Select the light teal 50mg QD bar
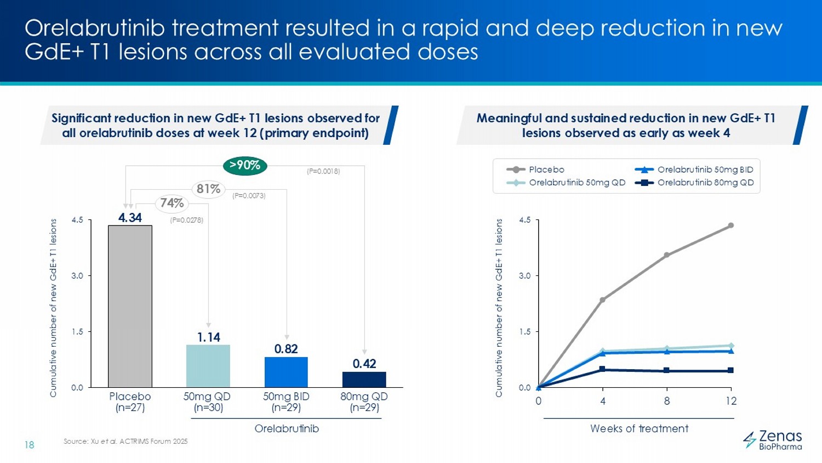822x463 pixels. [x=208, y=366]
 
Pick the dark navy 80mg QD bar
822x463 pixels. [x=364, y=379]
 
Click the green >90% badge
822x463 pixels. [x=245, y=165]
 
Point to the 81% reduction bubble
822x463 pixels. [x=208, y=189]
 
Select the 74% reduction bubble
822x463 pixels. [x=172, y=204]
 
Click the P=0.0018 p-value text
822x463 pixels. [x=323, y=171]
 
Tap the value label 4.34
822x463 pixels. [x=130, y=218]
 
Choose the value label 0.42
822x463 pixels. [x=364, y=364]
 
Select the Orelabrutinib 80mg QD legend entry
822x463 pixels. [x=705, y=183]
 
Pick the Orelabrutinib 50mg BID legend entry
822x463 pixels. [x=705, y=170]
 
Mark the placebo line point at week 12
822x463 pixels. [x=731, y=225]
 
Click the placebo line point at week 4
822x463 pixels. [x=602, y=300]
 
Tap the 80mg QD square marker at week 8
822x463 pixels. [x=666, y=370]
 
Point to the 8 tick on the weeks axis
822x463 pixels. [x=666, y=401]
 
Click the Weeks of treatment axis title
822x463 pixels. [x=639, y=428]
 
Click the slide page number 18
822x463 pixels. [x=29, y=445]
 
